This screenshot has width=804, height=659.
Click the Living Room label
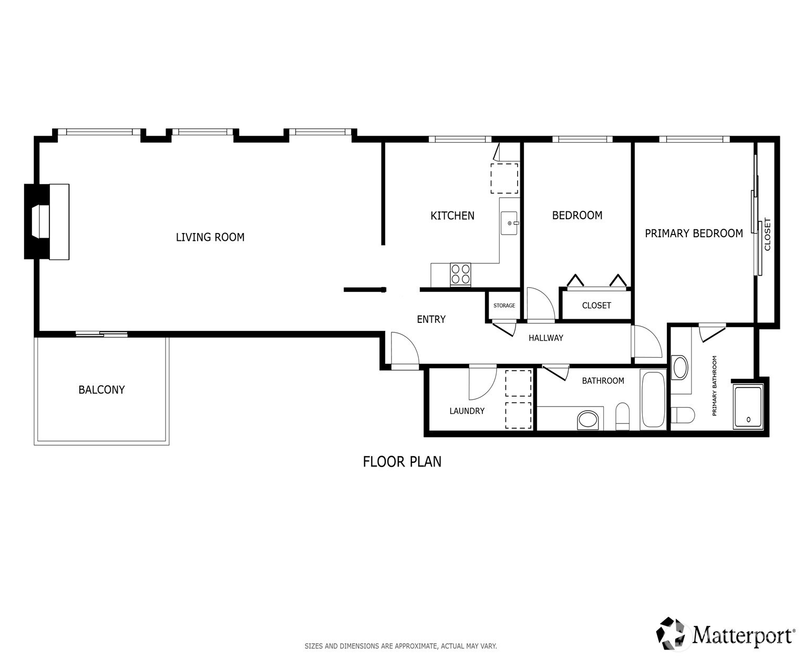(x=210, y=237)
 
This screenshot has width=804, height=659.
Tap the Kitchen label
(x=452, y=216)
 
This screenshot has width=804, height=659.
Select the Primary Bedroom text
(x=694, y=233)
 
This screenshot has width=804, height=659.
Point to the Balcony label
(x=101, y=390)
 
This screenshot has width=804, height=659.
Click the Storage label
(x=504, y=305)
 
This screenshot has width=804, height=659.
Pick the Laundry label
(x=467, y=411)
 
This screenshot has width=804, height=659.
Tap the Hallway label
(x=545, y=338)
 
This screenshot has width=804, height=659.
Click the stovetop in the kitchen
(x=460, y=275)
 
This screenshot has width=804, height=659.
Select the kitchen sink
(x=509, y=223)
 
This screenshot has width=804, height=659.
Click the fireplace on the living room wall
(x=47, y=222)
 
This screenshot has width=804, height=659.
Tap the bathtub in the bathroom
(x=653, y=400)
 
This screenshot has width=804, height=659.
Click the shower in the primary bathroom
(x=748, y=407)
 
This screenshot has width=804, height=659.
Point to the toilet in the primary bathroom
(x=683, y=415)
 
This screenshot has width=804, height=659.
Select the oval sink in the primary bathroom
(x=680, y=367)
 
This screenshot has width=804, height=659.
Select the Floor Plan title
(x=402, y=462)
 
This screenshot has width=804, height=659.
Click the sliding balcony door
(x=101, y=334)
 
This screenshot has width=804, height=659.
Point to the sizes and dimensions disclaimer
(x=400, y=646)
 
